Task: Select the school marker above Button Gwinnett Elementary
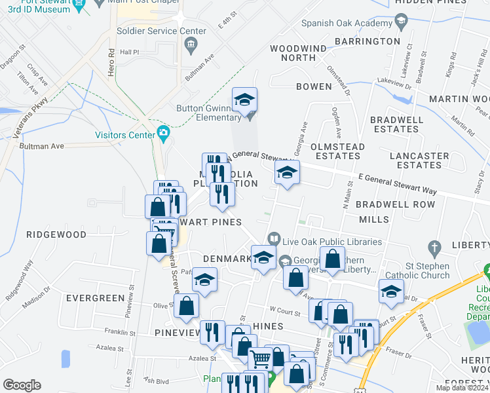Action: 245,100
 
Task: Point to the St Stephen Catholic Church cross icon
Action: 432,248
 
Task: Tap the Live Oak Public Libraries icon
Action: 273,240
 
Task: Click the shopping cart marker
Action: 260,358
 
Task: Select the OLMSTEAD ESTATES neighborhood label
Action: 336,151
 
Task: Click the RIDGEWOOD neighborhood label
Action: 56,234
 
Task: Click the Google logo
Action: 22,385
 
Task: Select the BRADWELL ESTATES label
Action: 394,124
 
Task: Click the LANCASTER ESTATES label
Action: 419,160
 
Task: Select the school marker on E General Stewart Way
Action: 286,174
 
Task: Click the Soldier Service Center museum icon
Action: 191,45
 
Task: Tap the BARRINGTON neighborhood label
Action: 367,41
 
